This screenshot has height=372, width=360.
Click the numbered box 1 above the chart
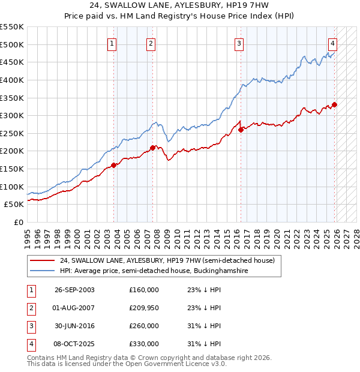[113, 43]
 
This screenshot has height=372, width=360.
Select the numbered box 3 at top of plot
[239, 43]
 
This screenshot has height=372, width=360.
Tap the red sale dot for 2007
[152, 148]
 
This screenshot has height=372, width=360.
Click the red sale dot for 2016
[241, 130]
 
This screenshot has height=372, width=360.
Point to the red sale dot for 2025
[334, 104]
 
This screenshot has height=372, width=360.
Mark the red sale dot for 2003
[114, 165]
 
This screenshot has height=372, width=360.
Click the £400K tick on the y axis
[12, 80]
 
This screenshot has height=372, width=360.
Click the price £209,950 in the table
[143, 308]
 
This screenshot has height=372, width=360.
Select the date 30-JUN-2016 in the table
[74, 326]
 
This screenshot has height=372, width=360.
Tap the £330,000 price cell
[143, 344]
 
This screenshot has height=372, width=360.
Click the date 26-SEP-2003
[74, 290]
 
